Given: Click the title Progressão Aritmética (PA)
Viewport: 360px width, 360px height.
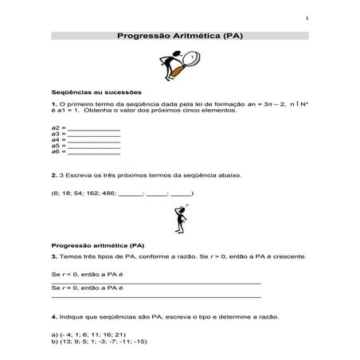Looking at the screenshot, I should [x=180, y=36].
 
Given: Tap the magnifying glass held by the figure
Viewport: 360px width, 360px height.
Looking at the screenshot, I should [x=192, y=58].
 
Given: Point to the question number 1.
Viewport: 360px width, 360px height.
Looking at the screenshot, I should [x=53, y=104].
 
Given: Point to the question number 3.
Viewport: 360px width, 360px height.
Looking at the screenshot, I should [x=53, y=256].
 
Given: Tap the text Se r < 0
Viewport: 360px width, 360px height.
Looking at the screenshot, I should [x=66, y=274].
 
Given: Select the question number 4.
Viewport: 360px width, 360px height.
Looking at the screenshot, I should [x=53, y=316].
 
